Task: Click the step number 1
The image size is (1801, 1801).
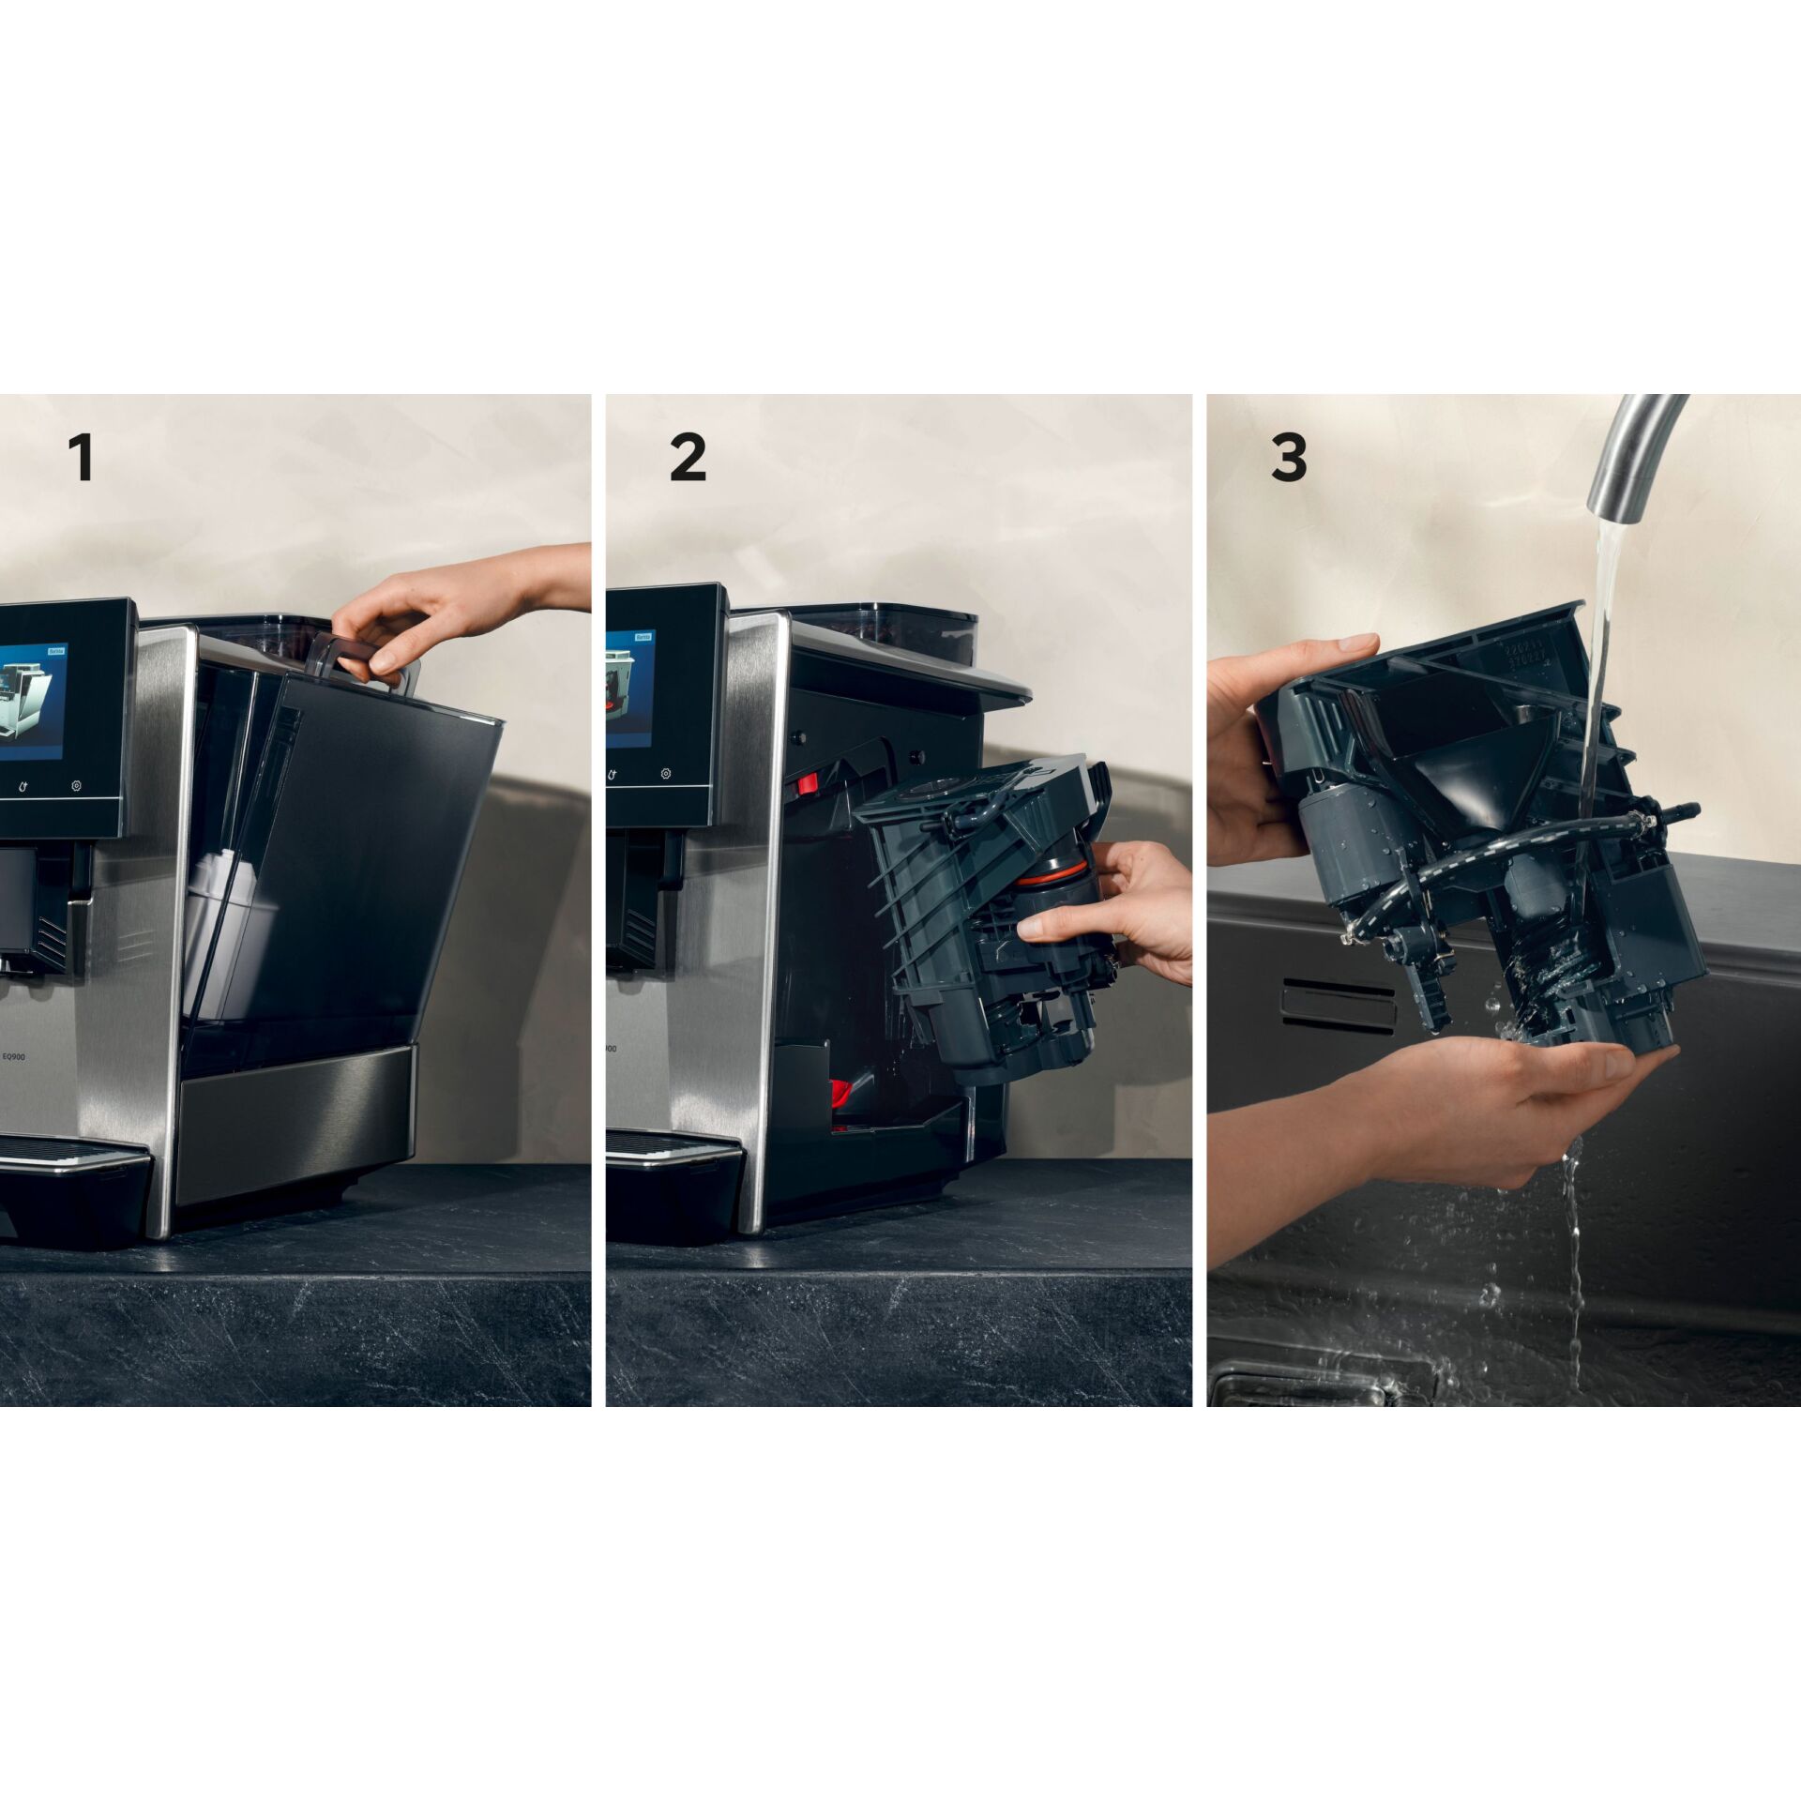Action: coord(83,459)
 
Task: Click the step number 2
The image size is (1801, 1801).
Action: coord(688,459)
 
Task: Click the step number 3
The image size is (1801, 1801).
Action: coord(1289,459)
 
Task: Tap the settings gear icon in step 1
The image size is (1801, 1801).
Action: coord(77,785)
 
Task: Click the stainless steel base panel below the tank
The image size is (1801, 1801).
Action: coord(295,1116)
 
